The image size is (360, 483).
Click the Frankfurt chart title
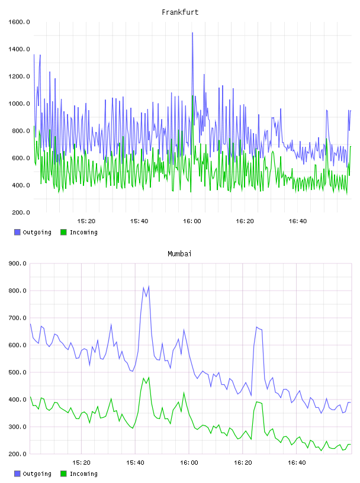[x=180, y=12]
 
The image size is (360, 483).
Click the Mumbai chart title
[x=179, y=253]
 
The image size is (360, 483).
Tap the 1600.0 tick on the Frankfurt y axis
[x=19, y=22]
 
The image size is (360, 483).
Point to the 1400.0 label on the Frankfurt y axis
[x=19, y=49]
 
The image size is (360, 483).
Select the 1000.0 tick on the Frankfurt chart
[x=19, y=104]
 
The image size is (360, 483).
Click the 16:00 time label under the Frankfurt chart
[x=192, y=221]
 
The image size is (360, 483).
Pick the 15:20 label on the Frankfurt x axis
[x=86, y=221]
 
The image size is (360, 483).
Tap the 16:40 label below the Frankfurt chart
[x=298, y=221]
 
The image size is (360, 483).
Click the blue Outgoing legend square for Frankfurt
[x=17, y=232]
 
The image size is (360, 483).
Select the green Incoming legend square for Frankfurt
[x=63, y=232]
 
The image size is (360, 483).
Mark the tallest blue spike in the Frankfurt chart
[x=192, y=33]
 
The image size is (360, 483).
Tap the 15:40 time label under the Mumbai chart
[x=135, y=463]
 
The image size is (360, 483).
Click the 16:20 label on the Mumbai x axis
[x=243, y=463]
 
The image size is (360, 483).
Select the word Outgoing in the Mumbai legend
[x=37, y=474]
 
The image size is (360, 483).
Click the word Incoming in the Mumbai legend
[x=83, y=474]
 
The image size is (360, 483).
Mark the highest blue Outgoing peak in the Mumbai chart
[x=149, y=286]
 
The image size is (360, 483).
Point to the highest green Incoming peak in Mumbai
[x=149, y=377]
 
